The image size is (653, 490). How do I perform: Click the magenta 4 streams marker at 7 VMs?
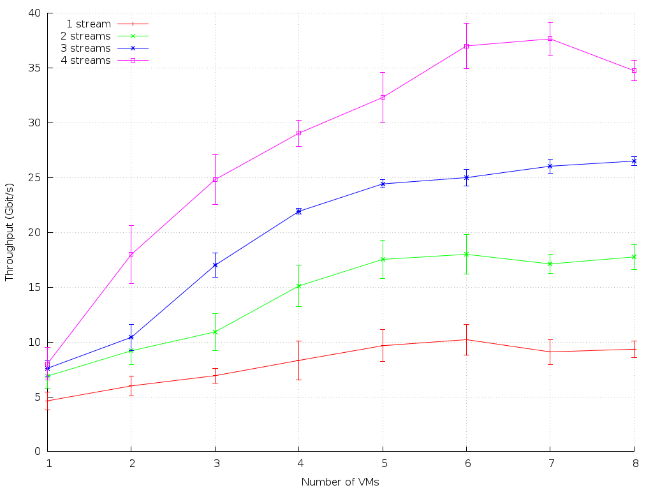coord(550,39)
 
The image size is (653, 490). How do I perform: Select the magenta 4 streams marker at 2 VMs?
coord(131,254)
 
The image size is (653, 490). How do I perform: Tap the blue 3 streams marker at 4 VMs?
coord(298,211)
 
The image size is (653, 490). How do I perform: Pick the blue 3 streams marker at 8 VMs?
coord(634,161)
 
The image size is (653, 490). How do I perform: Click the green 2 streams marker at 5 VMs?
coord(383,259)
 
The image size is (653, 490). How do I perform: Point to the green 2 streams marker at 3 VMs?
coord(215,332)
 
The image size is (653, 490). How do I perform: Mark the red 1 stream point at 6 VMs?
coord(466,339)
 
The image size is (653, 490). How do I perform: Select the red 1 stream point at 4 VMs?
coord(298,360)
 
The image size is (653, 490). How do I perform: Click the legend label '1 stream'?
coord(89,24)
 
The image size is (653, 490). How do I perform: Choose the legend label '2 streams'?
coord(85,36)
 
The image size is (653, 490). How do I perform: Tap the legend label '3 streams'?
coord(85,48)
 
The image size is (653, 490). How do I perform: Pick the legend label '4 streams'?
coord(85,61)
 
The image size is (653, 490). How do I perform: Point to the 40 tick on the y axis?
coord(34,13)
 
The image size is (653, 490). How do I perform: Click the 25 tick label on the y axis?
coord(34,177)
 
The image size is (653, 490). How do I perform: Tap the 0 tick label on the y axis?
coord(38,452)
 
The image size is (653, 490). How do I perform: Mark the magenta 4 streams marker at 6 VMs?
coord(466,46)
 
